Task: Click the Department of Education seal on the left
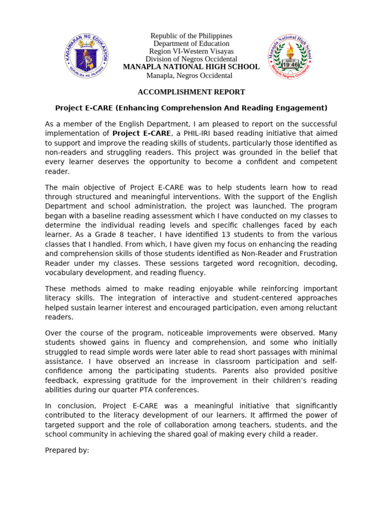tap(86, 56)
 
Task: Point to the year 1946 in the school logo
tap(290, 64)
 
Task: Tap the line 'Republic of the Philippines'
tap(191, 36)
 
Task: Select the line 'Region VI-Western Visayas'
tap(191, 51)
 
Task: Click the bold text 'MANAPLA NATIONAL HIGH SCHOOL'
tap(191, 67)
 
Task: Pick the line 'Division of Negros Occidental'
tap(191, 59)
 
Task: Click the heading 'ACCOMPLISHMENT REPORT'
tap(191, 92)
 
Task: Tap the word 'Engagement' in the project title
tap(303, 108)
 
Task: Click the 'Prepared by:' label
tap(67, 450)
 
